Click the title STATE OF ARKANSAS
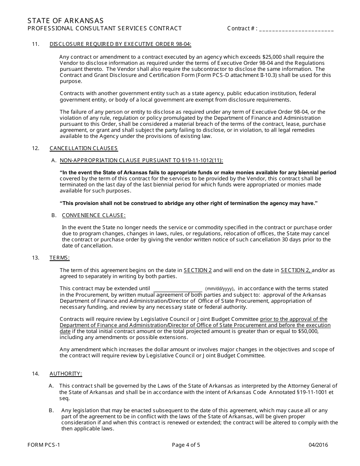point(66,20)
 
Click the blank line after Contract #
point(297,28)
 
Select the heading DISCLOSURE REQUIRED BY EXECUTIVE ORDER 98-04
point(121,44)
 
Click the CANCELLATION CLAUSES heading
point(84,148)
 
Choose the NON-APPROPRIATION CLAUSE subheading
point(141,160)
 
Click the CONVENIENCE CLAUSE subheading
point(94,215)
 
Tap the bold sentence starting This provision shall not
point(188,203)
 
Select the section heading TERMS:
point(59,258)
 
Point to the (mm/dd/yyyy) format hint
point(220,289)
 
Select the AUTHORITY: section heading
point(66,374)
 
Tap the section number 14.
point(36,374)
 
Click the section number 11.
point(36,44)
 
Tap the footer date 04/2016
point(319,445)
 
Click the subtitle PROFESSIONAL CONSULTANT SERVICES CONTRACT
point(105,28)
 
